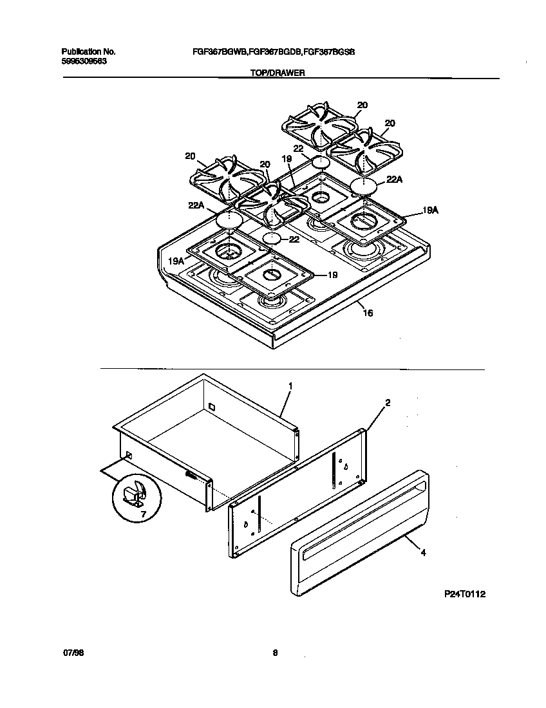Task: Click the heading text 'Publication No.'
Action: point(88,51)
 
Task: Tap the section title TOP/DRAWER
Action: point(277,73)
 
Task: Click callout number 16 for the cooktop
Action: point(368,313)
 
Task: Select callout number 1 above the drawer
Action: point(290,386)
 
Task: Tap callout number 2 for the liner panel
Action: point(387,403)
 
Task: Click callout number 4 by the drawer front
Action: point(423,552)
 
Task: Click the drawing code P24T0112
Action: point(464,594)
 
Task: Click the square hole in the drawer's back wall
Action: point(211,406)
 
